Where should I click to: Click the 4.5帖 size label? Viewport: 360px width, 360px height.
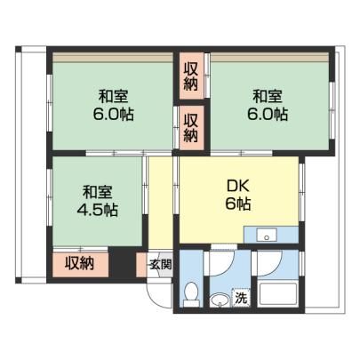coord(97,210)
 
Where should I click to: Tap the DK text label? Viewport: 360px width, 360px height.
coord(238,187)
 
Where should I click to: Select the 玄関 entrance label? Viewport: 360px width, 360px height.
coord(160,264)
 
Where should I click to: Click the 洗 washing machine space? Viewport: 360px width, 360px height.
coord(242,299)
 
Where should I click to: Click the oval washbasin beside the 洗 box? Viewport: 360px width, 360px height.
coord(220,300)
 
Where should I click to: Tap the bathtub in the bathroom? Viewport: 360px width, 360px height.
coord(277,295)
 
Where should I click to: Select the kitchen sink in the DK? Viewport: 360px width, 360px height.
coord(267,236)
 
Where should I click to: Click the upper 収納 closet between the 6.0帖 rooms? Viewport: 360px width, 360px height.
coord(191,76)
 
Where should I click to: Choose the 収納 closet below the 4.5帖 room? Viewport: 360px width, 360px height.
coord(80,263)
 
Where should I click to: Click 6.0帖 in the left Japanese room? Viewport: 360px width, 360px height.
coord(113,114)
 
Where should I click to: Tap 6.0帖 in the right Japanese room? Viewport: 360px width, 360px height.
coord(268,114)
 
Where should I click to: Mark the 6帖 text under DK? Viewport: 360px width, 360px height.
coord(238,204)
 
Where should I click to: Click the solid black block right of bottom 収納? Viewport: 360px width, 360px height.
coord(122,262)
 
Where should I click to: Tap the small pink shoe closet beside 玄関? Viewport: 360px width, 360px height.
coord(141,265)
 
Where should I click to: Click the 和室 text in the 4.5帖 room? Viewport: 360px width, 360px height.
coord(97,193)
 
